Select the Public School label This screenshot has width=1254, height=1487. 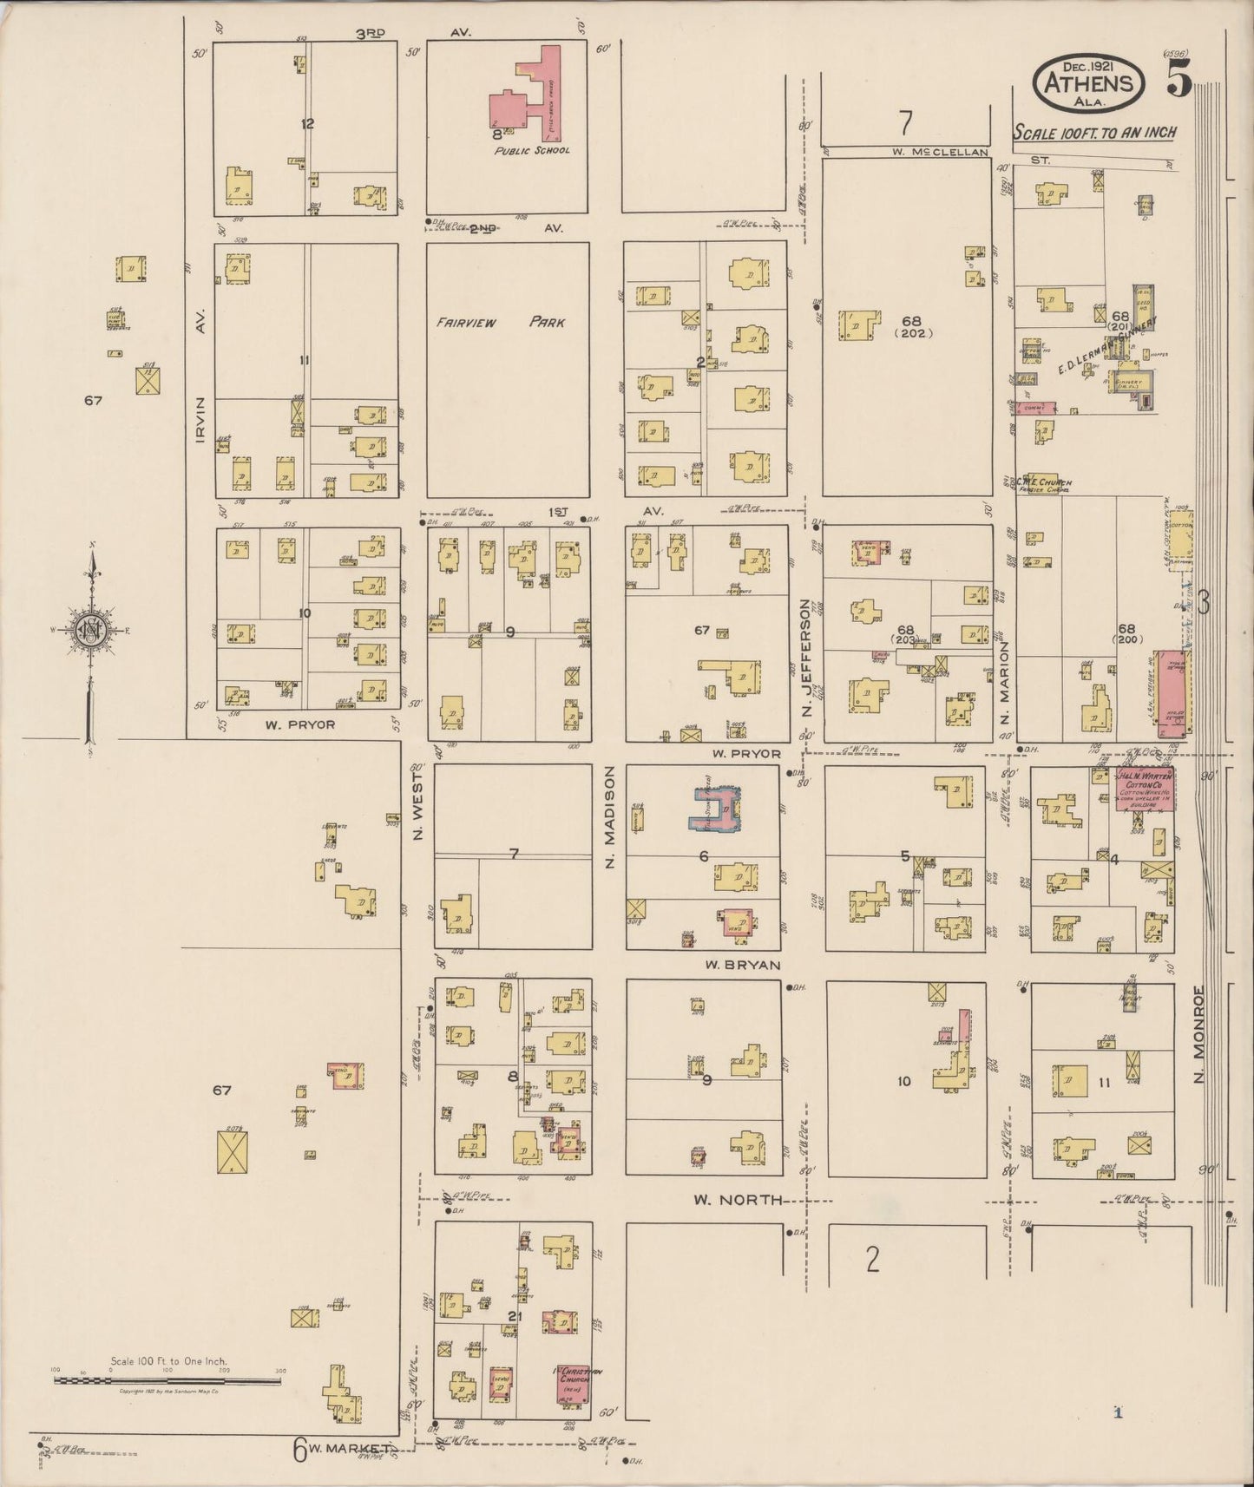tap(532, 150)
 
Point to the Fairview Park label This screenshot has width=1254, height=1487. tap(501, 323)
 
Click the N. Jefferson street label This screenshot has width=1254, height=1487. tap(806, 657)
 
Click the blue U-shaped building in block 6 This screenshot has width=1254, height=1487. tap(719, 808)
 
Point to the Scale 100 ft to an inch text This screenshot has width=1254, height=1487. tap(1095, 132)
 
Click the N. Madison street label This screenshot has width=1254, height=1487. tap(609, 817)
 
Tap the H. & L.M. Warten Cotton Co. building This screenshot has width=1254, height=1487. tap(1145, 789)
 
